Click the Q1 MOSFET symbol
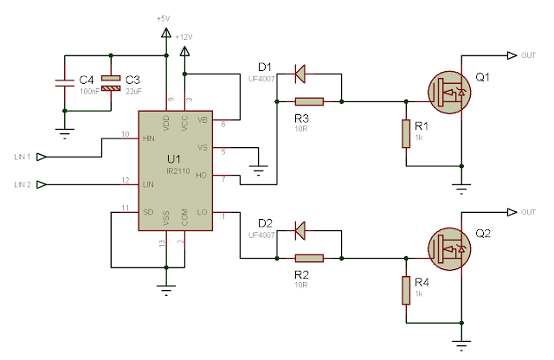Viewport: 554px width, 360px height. tap(451, 90)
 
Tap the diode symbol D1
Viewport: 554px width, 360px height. tap(300, 74)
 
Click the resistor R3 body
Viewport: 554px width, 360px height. tap(309, 101)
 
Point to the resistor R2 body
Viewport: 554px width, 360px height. tap(309, 257)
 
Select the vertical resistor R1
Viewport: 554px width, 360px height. tap(404, 134)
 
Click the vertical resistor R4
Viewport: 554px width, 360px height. tap(404, 290)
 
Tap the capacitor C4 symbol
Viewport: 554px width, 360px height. tap(63, 84)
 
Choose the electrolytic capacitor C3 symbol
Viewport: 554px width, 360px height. tap(109, 84)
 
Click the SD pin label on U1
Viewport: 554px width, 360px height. tap(150, 211)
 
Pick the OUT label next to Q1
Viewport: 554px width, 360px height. tap(529, 55)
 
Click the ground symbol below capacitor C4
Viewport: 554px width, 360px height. tap(63, 132)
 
